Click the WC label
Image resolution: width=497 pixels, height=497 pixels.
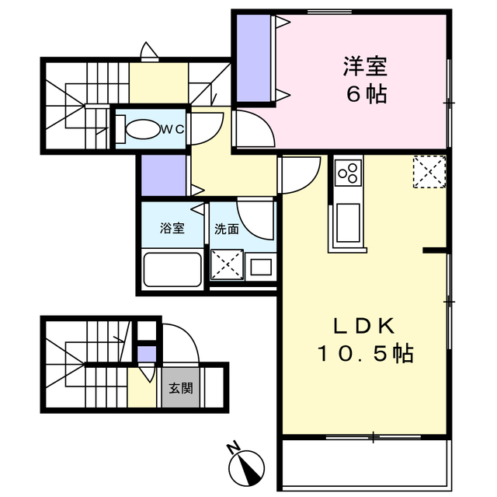point(172,130)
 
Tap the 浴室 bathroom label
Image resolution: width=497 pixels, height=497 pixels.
point(172,229)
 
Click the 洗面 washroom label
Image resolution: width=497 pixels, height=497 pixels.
point(226,229)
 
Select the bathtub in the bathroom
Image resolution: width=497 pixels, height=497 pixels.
point(172,269)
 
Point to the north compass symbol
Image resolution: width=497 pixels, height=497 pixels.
point(248,464)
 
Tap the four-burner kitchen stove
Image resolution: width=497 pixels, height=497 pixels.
point(348,172)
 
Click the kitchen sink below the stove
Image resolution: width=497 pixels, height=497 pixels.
point(347,223)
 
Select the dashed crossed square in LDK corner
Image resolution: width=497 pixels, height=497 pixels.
point(429,172)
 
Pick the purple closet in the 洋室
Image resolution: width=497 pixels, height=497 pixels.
point(252,58)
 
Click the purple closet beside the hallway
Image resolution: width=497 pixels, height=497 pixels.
point(164,176)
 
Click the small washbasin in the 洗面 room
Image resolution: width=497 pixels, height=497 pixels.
point(262,267)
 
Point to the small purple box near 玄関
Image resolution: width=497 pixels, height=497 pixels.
point(147,355)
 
